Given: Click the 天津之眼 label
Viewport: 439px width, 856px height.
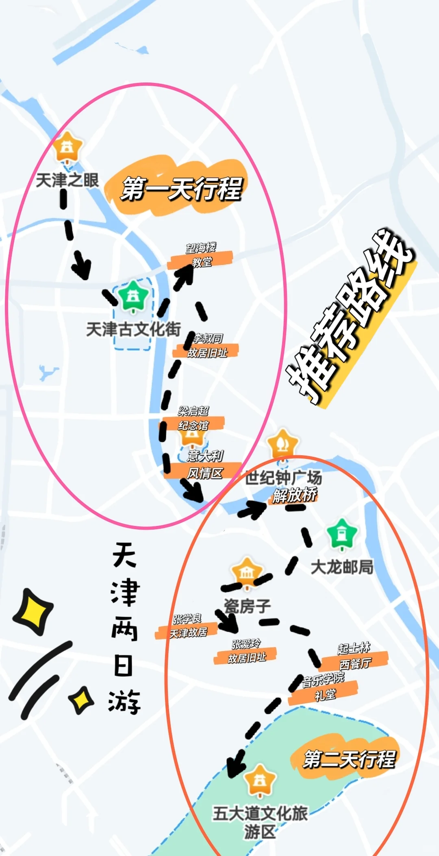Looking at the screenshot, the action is pyautogui.click(x=67, y=180).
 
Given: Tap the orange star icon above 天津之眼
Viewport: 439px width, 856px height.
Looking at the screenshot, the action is pyautogui.click(x=68, y=147).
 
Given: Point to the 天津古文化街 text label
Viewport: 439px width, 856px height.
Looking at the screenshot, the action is pyautogui.click(x=133, y=329).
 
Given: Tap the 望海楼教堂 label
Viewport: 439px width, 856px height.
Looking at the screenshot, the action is pyautogui.click(x=201, y=255).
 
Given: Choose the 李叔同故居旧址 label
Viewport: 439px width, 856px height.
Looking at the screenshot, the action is pyautogui.click(x=207, y=346).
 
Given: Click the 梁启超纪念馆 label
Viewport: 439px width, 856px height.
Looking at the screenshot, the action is pyautogui.click(x=193, y=419).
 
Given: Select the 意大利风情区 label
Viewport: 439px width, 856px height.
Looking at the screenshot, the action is pyautogui.click(x=205, y=465).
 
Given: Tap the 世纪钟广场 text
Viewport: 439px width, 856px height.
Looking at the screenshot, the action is pyautogui.click(x=283, y=478).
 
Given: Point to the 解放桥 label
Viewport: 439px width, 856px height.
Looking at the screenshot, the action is pyautogui.click(x=295, y=495).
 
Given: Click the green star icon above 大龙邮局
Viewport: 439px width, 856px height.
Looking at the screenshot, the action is pyautogui.click(x=342, y=534).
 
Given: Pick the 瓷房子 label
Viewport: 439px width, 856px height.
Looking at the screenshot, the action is pyautogui.click(x=247, y=606).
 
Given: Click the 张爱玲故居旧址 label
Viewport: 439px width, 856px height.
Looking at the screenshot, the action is pyautogui.click(x=246, y=651).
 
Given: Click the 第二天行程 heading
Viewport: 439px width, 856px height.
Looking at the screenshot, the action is pyautogui.click(x=349, y=759).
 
